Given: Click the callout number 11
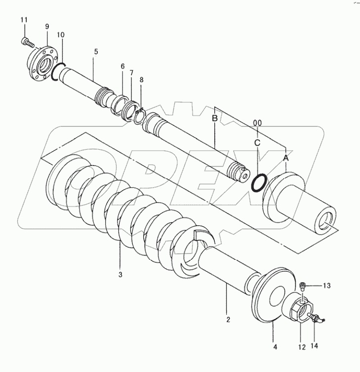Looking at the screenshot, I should coord(24,19).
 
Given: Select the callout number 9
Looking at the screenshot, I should coord(47,26).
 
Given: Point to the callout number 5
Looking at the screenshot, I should coord(96,51).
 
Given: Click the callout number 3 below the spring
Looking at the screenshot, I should coord(120,274).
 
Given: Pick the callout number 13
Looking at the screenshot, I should coord(326,286).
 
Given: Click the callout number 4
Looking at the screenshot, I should coord(275,347).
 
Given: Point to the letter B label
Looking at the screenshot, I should coord(215,118).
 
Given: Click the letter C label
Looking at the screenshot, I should coord(257,143).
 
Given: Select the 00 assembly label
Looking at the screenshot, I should coord(257,123).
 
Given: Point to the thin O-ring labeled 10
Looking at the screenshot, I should coord(57,71).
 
